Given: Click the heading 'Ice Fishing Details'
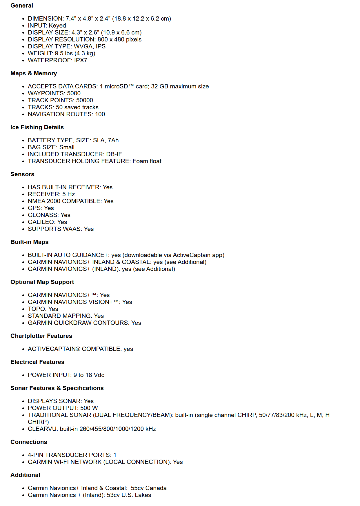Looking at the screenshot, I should coord(37,127).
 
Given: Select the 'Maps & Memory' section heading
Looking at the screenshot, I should coord(34,73).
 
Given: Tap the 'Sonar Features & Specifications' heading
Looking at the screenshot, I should coord(57,388).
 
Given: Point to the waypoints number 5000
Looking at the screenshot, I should coord(74,93).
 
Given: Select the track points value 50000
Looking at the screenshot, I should coord(85,100).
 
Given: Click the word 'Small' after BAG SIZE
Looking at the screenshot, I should coord(67,147).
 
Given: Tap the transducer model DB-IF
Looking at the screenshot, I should coord(114,154).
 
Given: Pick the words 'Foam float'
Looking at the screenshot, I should coord(147,161).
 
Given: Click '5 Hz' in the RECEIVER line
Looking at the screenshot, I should coord(69,194).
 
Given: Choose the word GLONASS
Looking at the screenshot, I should coord(43,215).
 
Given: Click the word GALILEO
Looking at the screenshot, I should coord(41,222).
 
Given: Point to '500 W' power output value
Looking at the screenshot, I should coord(89,408).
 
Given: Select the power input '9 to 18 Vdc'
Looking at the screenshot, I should coord(89,375).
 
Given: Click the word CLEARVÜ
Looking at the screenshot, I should coord(42,429).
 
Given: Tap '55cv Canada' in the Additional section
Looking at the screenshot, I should coord(149,488).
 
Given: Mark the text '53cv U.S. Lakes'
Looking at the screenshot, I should coord(129,495).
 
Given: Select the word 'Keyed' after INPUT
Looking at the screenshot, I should coord(57,26).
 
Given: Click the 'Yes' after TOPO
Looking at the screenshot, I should coord(53,309).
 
